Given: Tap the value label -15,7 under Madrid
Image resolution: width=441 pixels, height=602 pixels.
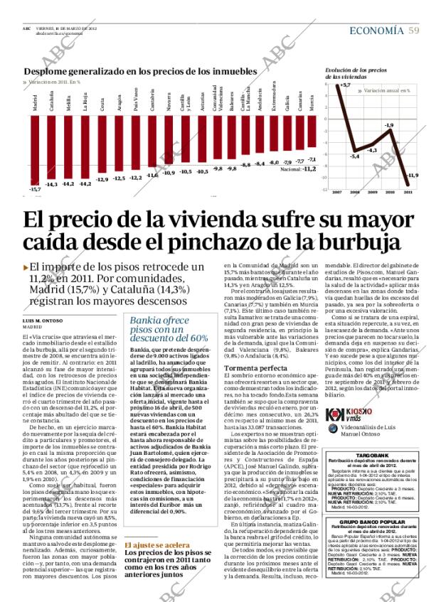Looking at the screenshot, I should click(x=35, y=189).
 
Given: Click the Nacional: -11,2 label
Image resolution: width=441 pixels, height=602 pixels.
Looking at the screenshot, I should click(x=298, y=169).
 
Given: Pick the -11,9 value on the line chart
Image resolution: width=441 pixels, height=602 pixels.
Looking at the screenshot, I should click(x=412, y=175).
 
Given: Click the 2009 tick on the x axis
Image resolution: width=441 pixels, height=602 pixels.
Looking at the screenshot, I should click(x=372, y=192).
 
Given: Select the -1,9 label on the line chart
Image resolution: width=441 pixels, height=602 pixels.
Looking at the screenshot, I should click(x=389, y=126).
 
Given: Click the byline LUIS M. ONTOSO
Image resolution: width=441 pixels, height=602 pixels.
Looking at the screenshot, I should click(x=46, y=321).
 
